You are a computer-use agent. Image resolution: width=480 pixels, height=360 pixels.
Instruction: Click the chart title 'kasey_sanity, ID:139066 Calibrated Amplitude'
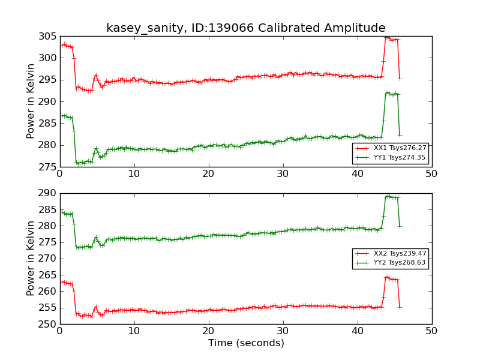click(x=245, y=28)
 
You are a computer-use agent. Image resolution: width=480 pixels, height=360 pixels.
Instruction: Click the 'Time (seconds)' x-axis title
click(x=246, y=343)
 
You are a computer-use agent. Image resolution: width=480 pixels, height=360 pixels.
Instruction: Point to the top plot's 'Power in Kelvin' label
click(x=31, y=101)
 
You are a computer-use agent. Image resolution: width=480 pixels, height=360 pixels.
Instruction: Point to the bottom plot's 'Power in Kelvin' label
click(x=31, y=259)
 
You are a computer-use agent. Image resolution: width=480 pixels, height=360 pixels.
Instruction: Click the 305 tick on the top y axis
click(x=48, y=37)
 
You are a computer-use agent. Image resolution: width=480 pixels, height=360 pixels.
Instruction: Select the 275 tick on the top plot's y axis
click(x=48, y=167)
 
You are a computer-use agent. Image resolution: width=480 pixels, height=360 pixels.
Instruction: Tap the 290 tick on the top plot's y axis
click(x=48, y=101)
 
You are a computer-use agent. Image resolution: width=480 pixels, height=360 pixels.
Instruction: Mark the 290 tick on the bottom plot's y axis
click(x=48, y=194)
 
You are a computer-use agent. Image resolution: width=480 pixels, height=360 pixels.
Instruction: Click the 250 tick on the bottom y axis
click(x=48, y=324)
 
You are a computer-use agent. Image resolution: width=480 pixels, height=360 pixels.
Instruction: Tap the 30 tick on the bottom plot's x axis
click(x=283, y=331)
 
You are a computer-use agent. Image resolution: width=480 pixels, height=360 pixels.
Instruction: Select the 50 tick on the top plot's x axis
click(x=431, y=173)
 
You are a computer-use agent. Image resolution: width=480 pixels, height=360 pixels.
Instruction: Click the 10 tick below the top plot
click(x=134, y=173)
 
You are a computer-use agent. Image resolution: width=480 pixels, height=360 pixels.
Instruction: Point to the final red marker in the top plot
click(x=400, y=79)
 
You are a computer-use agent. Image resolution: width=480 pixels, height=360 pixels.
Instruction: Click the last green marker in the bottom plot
click(x=400, y=226)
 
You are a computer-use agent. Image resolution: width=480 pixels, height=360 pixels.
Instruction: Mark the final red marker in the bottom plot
click(x=400, y=307)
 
